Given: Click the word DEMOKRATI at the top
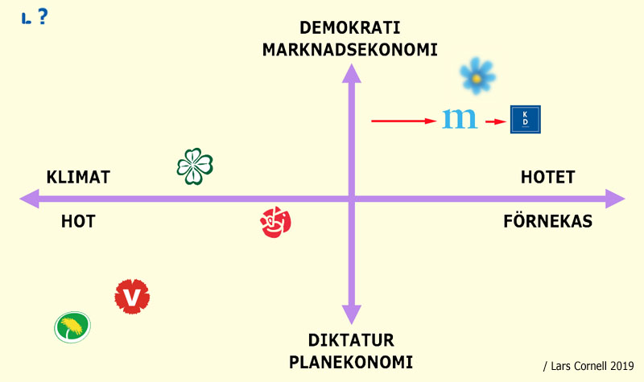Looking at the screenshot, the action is click(x=350, y=28).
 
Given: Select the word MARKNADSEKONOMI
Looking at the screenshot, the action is click(x=350, y=50).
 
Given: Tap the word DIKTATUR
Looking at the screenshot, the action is click(x=351, y=340).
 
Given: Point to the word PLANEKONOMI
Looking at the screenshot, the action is click(x=351, y=363).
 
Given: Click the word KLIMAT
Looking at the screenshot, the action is click(x=78, y=177).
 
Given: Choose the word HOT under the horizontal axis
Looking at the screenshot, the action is click(x=78, y=222).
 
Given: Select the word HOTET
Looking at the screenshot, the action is click(x=548, y=177).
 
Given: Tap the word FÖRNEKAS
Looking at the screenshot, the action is click(x=548, y=222).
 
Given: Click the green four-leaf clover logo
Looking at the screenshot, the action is click(x=195, y=166).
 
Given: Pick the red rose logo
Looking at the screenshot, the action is click(x=275, y=222).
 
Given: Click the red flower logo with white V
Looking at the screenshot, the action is click(x=132, y=297).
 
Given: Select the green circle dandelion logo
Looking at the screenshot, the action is click(x=72, y=327).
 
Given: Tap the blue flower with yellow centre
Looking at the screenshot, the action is click(x=477, y=76).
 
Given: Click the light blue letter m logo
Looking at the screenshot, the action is click(x=460, y=119).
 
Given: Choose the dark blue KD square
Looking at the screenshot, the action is click(x=526, y=119).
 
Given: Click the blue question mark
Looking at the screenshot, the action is click(x=43, y=16).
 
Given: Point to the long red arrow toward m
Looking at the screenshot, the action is click(x=404, y=121).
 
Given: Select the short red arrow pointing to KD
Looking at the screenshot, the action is click(x=496, y=121).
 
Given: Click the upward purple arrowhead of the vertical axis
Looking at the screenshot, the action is click(x=352, y=73).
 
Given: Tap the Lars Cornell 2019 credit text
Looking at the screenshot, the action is click(x=588, y=366).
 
